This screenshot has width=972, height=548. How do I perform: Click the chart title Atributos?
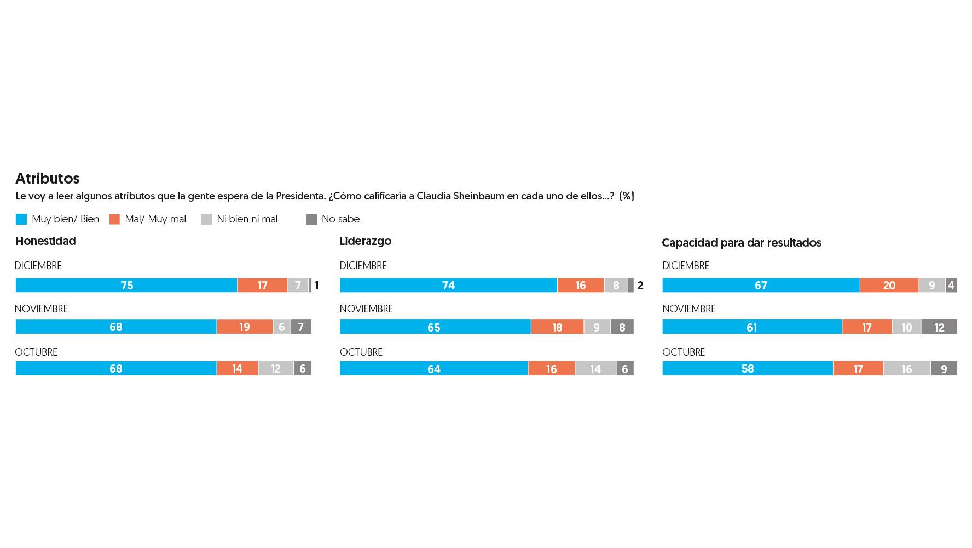click(48, 179)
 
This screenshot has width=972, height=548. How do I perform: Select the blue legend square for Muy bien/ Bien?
click(21, 219)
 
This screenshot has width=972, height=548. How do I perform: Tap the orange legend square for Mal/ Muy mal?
click(114, 219)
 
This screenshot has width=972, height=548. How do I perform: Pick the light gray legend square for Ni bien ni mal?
click(206, 219)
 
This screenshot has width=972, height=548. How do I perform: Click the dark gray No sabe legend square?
click(311, 219)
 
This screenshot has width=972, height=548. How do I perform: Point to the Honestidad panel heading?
click(45, 241)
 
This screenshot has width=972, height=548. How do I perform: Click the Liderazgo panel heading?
click(365, 241)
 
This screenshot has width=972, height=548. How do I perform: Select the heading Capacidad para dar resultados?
click(741, 243)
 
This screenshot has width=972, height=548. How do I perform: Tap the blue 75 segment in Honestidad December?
click(126, 286)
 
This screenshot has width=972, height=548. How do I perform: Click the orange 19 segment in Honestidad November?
click(244, 327)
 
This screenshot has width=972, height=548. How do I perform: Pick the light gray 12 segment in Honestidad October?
click(276, 369)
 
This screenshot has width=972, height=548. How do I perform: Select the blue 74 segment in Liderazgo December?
click(448, 286)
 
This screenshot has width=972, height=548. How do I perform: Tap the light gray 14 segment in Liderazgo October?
click(595, 369)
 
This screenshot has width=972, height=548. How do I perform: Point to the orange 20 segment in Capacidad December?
click(889, 286)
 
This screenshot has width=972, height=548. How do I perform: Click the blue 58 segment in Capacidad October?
click(748, 369)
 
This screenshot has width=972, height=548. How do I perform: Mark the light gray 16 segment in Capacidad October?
click(906, 369)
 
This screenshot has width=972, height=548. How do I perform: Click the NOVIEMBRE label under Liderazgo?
click(366, 309)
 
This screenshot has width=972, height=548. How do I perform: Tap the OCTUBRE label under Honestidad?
click(36, 352)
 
